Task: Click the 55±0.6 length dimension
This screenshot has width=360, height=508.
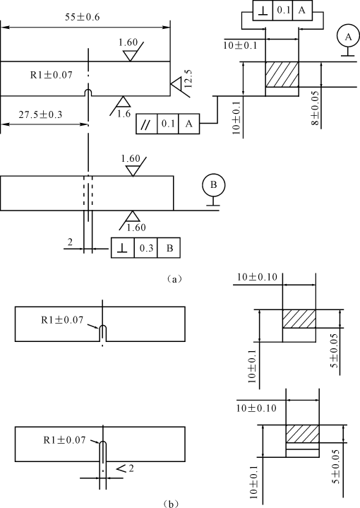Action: pyautogui.click(x=82, y=17)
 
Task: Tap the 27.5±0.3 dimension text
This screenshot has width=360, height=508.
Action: pyautogui.click(x=40, y=114)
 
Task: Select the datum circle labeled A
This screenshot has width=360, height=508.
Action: pyautogui.click(x=348, y=37)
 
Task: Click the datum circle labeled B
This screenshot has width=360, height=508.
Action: pyautogui.click(x=213, y=185)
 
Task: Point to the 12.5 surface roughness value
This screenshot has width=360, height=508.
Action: pyautogui.click(x=188, y=78)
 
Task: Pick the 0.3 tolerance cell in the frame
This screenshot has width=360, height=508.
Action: pyautogui.click(x=146, y=248)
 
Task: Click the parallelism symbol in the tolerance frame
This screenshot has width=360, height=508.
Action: pyautogui.click(x=146, y=124)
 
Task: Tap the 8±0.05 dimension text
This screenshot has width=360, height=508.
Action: pyautogui.click(x=316, y=108)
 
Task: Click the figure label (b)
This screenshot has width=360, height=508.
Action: pyautogui.click(x=170, y=504)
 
